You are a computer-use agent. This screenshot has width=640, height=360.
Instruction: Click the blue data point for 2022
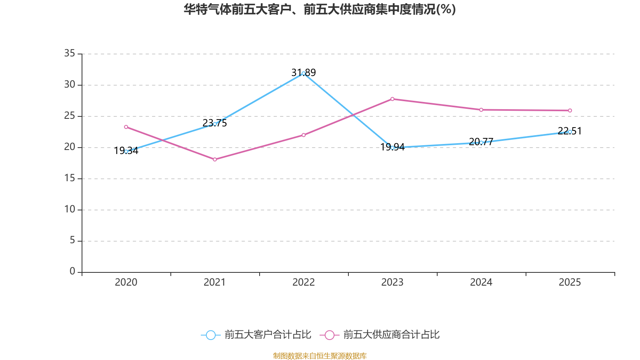click(304, 73)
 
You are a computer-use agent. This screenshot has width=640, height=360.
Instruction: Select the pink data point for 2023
click(392, 99)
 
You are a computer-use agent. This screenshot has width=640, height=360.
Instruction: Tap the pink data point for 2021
click(215, 160)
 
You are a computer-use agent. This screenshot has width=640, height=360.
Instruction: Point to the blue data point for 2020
click(126, 152)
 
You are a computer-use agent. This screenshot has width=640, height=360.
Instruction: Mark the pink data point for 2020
click(126, 127)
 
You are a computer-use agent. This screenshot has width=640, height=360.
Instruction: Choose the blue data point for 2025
click(570, 132)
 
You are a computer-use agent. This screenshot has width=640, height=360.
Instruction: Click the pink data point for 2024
click(481, 110)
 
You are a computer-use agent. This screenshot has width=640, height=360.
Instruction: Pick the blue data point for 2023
click(392, 148)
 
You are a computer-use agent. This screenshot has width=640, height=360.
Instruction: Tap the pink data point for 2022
click(304, 135)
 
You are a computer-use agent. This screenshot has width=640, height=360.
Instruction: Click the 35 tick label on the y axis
click(70, 53)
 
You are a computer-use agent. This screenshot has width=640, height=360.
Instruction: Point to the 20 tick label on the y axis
click(70, 147)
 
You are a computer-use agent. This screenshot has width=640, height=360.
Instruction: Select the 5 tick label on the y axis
click(72, 240)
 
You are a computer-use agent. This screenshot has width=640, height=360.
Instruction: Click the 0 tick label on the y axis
click(72, 271)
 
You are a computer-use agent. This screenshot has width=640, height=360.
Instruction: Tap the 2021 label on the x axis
click(215, 282)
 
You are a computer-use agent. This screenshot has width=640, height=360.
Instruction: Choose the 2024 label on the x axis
click(481, 282)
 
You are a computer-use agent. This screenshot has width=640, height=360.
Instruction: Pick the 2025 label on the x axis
click(570, 282)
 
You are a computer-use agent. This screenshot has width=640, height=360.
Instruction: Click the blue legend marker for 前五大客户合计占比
click(210, 335)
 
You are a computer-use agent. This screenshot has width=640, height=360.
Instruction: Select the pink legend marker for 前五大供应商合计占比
click(329, 335)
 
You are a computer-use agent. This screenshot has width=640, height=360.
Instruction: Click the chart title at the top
click(320, 9)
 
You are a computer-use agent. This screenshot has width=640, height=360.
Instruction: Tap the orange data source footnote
click(320, 356)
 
